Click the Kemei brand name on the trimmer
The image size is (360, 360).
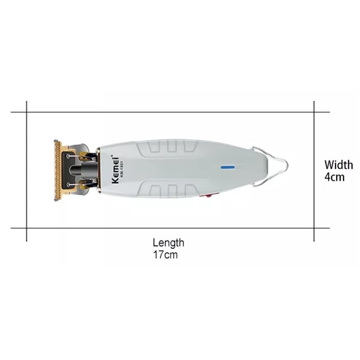(115, 170)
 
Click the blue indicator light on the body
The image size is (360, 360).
(228, 167)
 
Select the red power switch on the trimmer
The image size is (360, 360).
(209, 196)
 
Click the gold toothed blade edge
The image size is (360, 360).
(58, 170)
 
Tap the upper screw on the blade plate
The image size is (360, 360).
(68, 156)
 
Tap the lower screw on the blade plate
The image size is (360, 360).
(68, 184)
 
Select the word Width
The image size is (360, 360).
(339, 165)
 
